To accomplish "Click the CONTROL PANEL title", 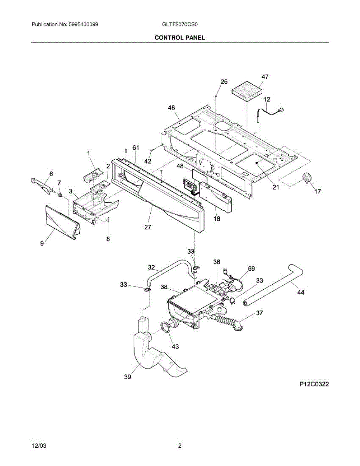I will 180,38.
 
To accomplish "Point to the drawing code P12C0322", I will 314,384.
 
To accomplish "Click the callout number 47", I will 265,77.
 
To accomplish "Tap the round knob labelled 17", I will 307,178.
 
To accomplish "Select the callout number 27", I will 148,227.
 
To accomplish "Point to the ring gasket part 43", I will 166,327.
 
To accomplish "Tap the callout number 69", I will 251,268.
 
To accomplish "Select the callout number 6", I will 51,174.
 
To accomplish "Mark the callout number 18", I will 217,219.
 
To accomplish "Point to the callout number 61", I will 136,148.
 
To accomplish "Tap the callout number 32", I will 151,268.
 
